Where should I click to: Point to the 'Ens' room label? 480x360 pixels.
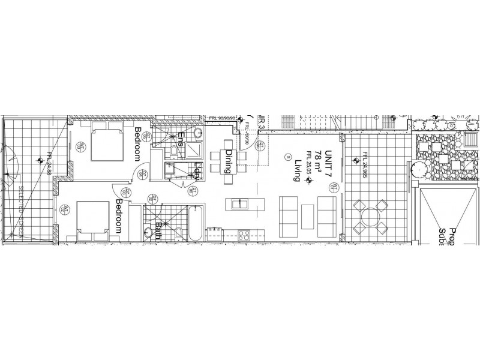[x=179, y=140]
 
